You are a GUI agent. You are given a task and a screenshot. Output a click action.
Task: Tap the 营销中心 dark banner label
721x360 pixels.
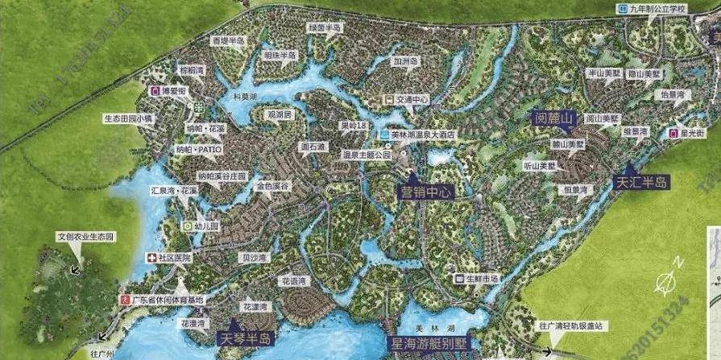426,192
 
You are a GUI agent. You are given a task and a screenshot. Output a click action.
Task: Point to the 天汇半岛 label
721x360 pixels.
642,183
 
